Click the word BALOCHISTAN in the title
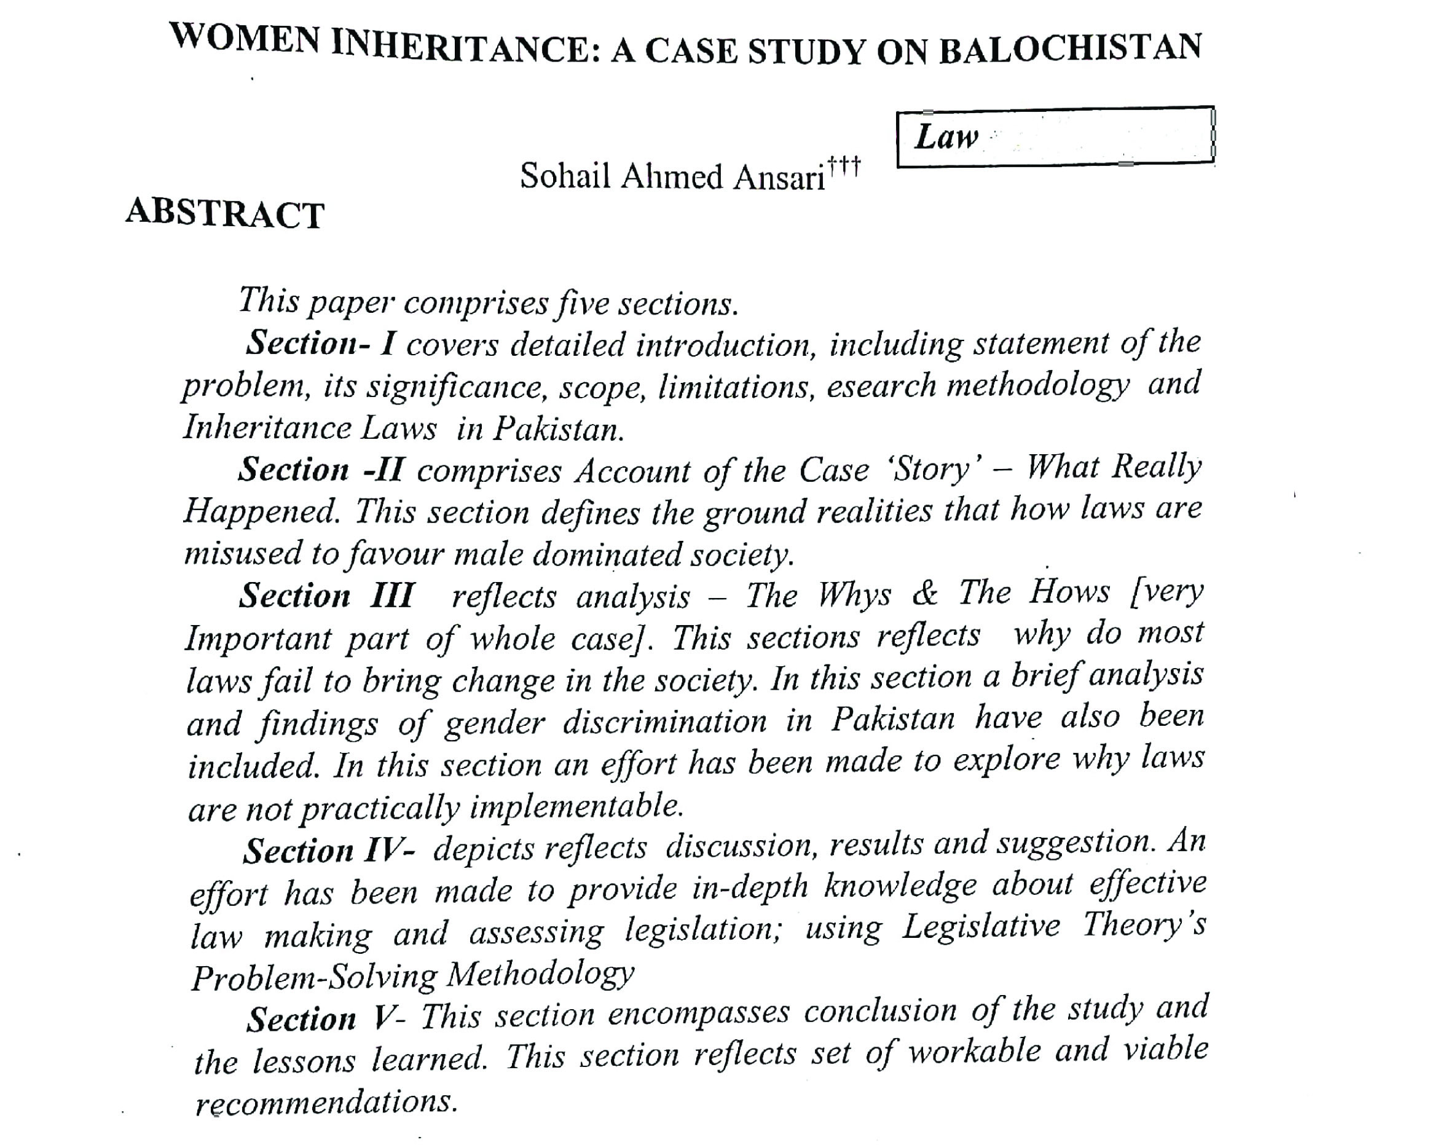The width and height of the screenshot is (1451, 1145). click(1071, 49)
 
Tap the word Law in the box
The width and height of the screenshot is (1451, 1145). click(946, 138)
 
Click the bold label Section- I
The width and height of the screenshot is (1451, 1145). click(321, 343)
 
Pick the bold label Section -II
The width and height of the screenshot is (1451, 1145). click(320, 470)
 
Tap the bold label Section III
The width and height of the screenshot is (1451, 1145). click(326, 596)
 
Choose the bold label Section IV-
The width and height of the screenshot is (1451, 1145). click(328, 851)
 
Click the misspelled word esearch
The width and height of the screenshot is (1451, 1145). click(881, 386)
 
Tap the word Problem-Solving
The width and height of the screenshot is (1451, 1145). click(313, 977)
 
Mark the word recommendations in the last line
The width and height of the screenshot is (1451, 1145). click(326, 1103)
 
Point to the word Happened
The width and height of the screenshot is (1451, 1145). click(261, 512)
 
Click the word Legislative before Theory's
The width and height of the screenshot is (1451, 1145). click(980, 927)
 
